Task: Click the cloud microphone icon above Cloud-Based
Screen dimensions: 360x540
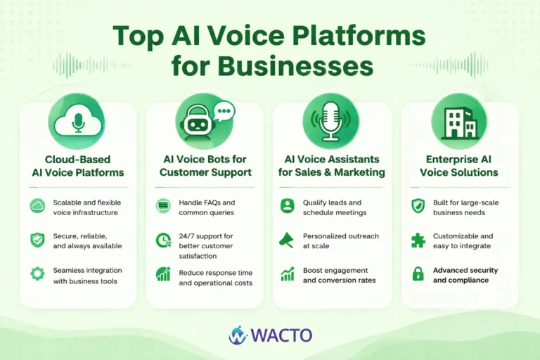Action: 77,120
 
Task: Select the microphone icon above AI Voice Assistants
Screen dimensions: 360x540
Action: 330,121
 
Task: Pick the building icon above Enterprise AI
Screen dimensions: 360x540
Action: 459,121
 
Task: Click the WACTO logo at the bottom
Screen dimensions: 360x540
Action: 270,335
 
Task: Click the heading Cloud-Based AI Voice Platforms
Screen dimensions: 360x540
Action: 77,166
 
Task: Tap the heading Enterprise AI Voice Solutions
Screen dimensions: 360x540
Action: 459,166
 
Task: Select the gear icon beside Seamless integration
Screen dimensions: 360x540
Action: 37,274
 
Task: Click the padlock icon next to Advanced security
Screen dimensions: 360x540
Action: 418,274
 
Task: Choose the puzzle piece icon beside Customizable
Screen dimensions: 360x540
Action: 418,240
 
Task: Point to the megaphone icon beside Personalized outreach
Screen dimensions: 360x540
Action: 288,240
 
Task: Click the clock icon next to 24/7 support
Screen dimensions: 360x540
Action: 163,240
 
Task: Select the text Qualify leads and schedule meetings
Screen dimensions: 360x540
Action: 335,207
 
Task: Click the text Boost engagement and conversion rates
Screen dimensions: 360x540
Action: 339,275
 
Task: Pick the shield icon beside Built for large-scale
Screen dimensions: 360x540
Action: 418,206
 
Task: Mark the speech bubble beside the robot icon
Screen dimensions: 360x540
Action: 224,111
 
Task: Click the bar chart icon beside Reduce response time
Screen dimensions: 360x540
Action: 163,274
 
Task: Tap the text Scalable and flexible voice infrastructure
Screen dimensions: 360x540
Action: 87,207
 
